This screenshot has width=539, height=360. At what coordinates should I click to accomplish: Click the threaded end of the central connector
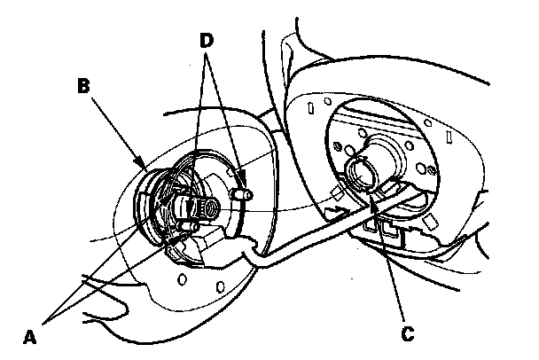pyautogui.click(x=209, y=207)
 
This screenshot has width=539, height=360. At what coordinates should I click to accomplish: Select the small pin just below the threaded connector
pyautogui.click(x=184, y=230)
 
